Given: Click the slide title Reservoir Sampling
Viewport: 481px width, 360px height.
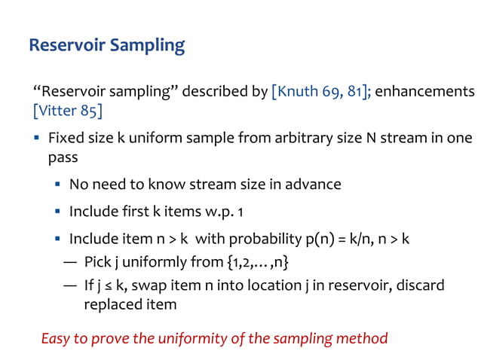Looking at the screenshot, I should pyautogui.click(x=106, y=45).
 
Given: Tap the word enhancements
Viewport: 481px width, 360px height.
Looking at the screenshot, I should pyautogui.click(x=425, y=92).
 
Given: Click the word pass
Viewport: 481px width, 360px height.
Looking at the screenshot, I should pyautogui.click(x=63, y=159).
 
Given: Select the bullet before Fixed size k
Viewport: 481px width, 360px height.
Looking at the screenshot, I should pyautogui.click(x=36, y=139).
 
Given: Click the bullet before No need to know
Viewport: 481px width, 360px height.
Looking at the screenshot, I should pyautogui.click(x=57, y=185).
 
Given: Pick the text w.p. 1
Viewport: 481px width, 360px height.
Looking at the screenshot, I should pyautogui.click(x=210, y=212).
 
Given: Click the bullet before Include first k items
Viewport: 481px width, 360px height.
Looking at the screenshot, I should pyautogui.click(x=57, y=212).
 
